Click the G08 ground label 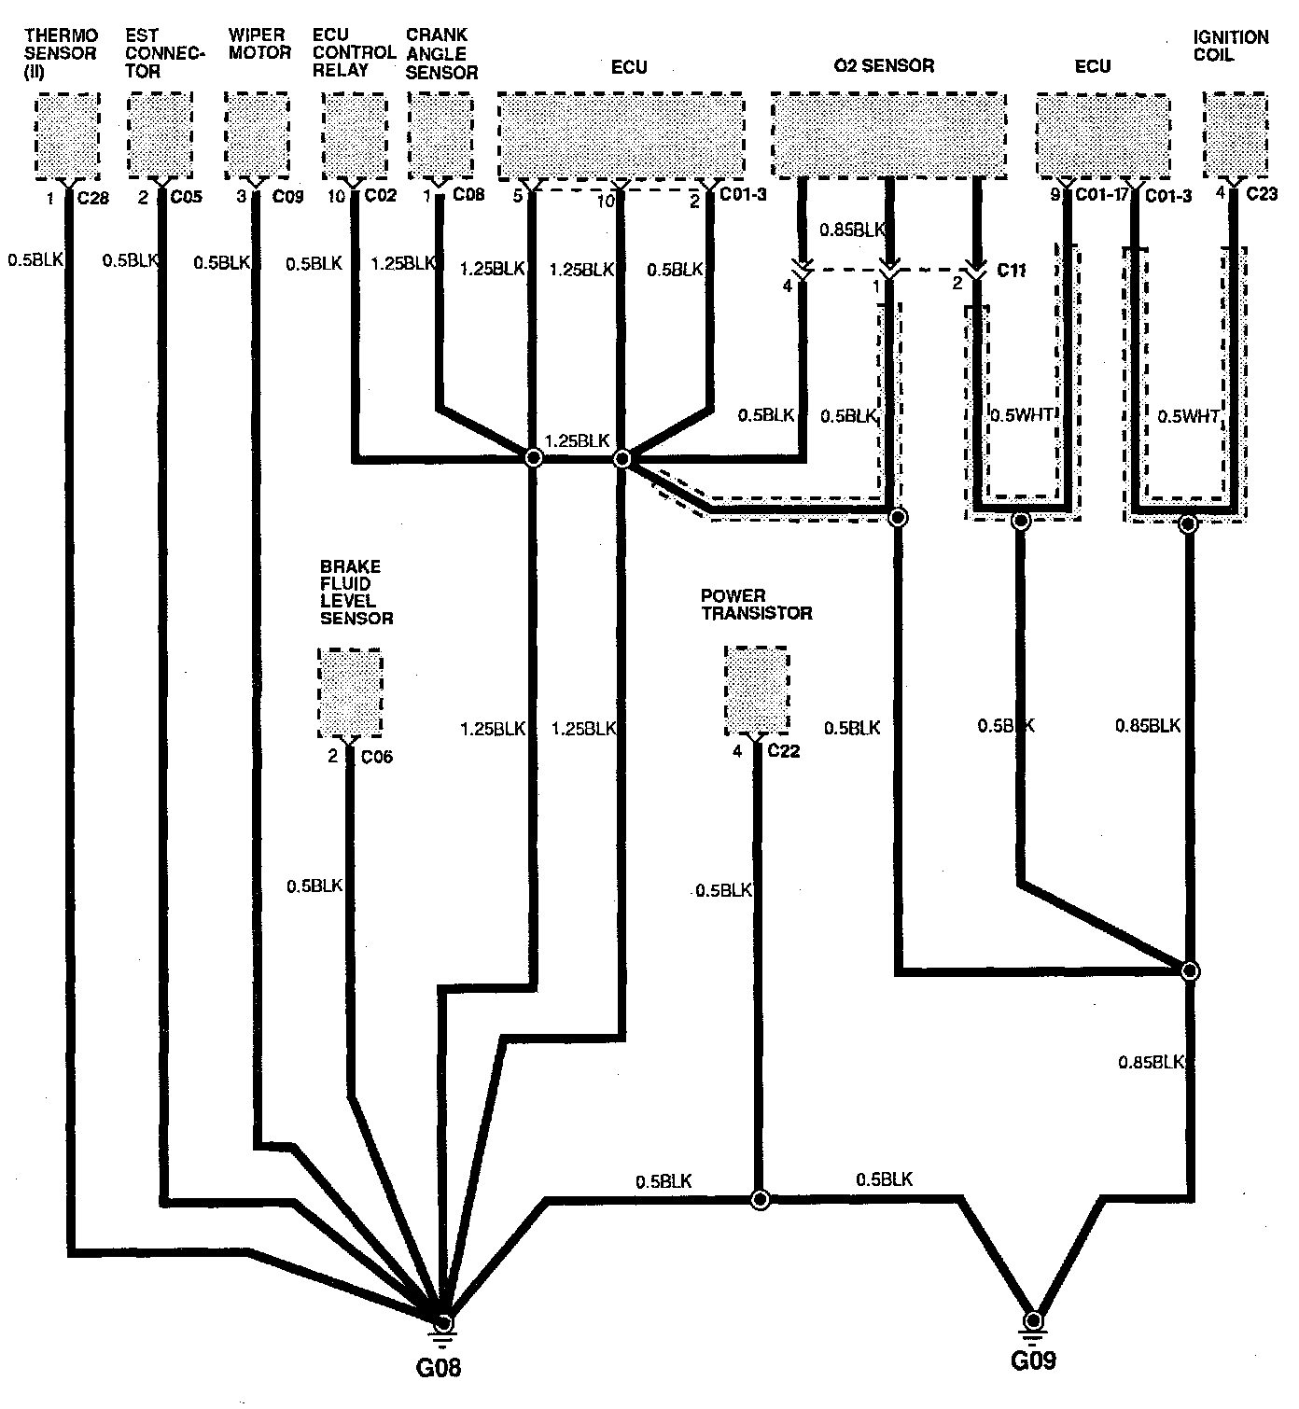pyautogui.click(x=439, y=1368)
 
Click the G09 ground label pyautogui.click(x=1033, y=1360)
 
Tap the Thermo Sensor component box pyautogui.click(x=67, y=136)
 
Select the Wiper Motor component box pyautogui.click(x=256, y=136)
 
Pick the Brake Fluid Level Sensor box pyautogui.click(x=350, y=693)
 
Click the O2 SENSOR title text pyautogui.click(x=883, y=65)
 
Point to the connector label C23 pyautogui.click(x=1256, y=196)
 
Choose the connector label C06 pyautogui.click(x=376, y=757)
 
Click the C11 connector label pyautogui.click(x=1012, y=271)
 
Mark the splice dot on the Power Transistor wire pyautogui.click(x=761, y=1199)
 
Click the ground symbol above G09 pyautogui.click(x=1033, y=1323)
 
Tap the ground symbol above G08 pyautogui.click(x=444, y=1325)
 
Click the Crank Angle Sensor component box pyautogui.click(x=440, y=136)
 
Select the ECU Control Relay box pyautogui.click(x=354, y=136)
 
